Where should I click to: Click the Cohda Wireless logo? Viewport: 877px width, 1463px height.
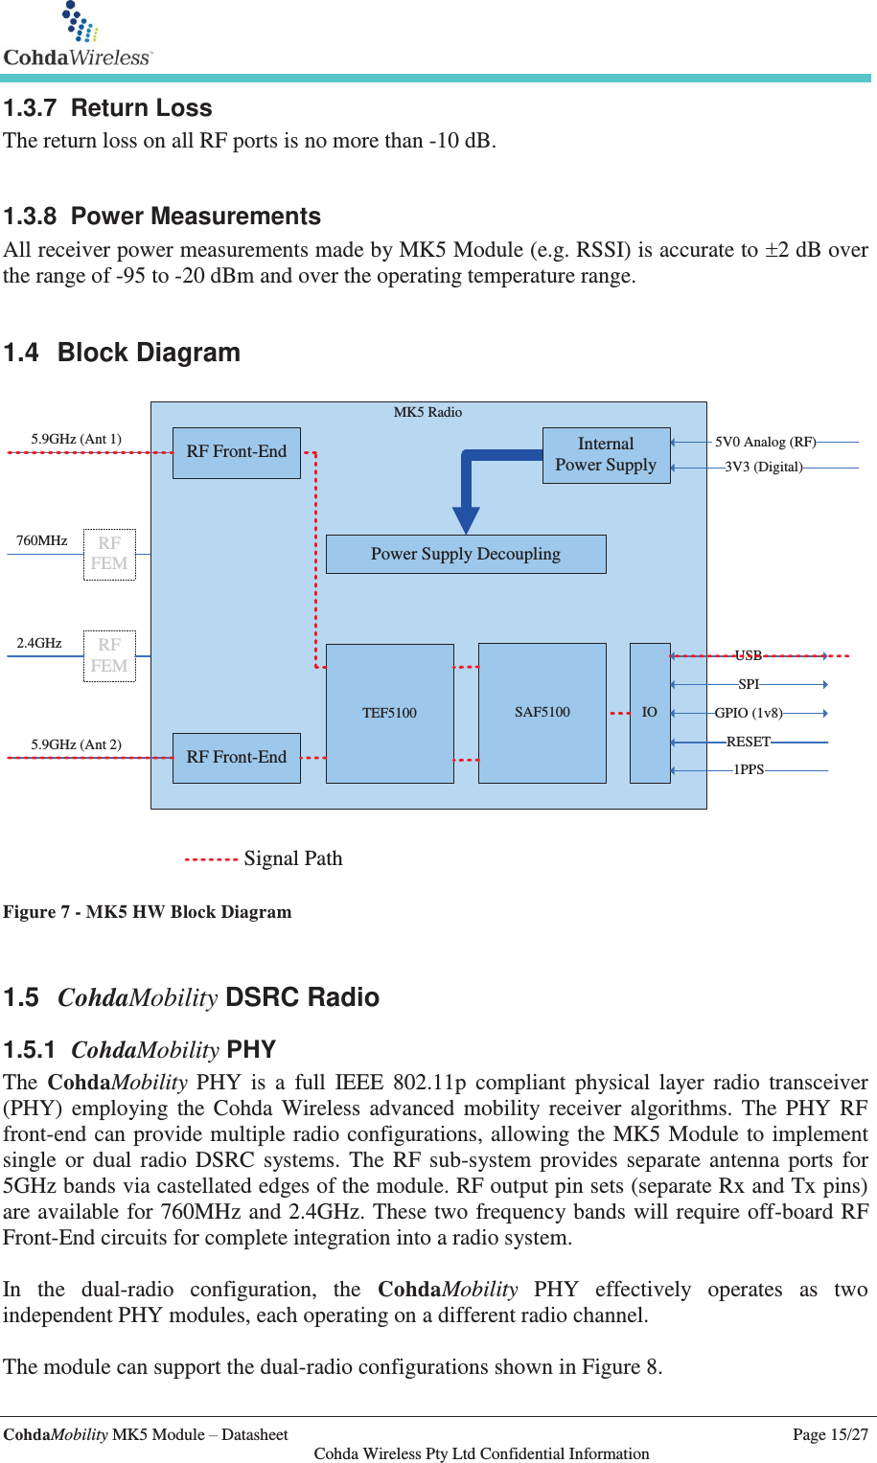pos(77,36)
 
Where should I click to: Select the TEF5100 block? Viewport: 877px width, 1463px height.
pos(389,713)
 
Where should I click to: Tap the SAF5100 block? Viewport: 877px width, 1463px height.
pos(542,712)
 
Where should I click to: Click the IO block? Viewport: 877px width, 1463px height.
pos(649,712)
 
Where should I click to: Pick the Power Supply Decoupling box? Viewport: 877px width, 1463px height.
pos(466,554)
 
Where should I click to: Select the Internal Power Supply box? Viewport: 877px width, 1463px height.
pos(606,455)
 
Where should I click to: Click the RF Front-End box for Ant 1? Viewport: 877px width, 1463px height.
pos(236,452)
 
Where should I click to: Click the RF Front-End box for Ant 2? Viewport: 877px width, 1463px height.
pos(236,758)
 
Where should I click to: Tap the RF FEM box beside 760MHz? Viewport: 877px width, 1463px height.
pos(109,554)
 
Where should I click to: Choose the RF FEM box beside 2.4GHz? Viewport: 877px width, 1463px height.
pos(109,656)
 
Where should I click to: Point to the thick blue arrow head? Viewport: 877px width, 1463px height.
pos(466,520)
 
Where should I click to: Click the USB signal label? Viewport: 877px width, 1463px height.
pos(748,656)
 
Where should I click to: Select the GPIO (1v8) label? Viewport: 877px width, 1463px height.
pos(749,713)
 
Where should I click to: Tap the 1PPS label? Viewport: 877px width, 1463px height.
pos(749,770)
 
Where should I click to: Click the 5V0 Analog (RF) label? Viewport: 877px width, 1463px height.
pos(765,442)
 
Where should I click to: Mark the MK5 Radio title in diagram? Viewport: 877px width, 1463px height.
pos(427,413)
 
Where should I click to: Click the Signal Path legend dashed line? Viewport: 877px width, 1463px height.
pos(211,859)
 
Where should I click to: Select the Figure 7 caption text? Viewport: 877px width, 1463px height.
pos(147,912)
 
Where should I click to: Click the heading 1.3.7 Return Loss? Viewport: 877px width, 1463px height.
pos(107,108)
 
